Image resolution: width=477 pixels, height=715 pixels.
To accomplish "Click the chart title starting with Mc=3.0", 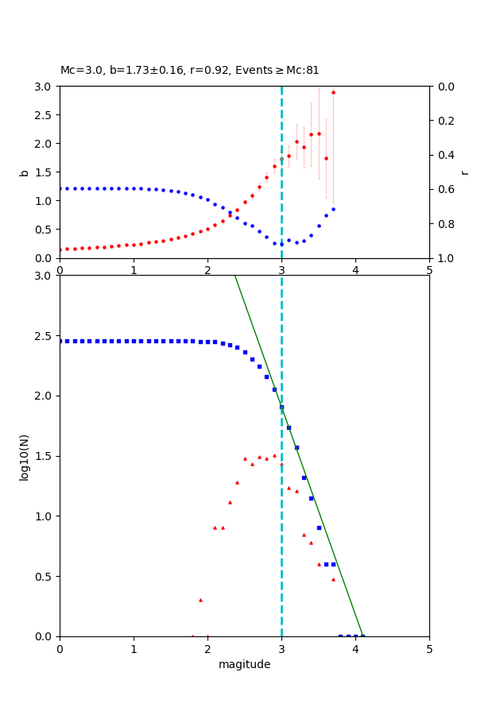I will point(189,70).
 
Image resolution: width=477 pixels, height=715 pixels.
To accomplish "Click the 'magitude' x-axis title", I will point(244,664).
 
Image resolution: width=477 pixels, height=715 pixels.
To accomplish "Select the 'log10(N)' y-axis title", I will point(24,456).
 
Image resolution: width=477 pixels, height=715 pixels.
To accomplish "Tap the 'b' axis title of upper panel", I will point(24,172).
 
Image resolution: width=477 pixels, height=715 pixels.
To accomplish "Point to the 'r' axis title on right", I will point(464,172).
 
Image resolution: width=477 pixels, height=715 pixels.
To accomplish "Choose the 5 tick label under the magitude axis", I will point(429,649).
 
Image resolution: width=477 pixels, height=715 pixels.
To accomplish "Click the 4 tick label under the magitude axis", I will point(355,649).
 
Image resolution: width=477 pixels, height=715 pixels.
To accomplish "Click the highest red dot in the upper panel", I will point(333,92).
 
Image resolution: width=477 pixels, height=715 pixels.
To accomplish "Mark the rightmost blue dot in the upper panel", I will point(333,209).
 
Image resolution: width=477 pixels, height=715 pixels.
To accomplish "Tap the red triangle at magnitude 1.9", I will point(200,600).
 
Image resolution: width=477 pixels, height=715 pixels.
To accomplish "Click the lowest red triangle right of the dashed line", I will point(333,578).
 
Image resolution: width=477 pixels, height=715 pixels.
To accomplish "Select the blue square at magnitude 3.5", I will point(319,528).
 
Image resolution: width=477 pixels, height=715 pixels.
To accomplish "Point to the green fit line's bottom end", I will point(363,636).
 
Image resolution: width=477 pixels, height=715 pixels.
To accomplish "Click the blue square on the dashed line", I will point(281,407).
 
